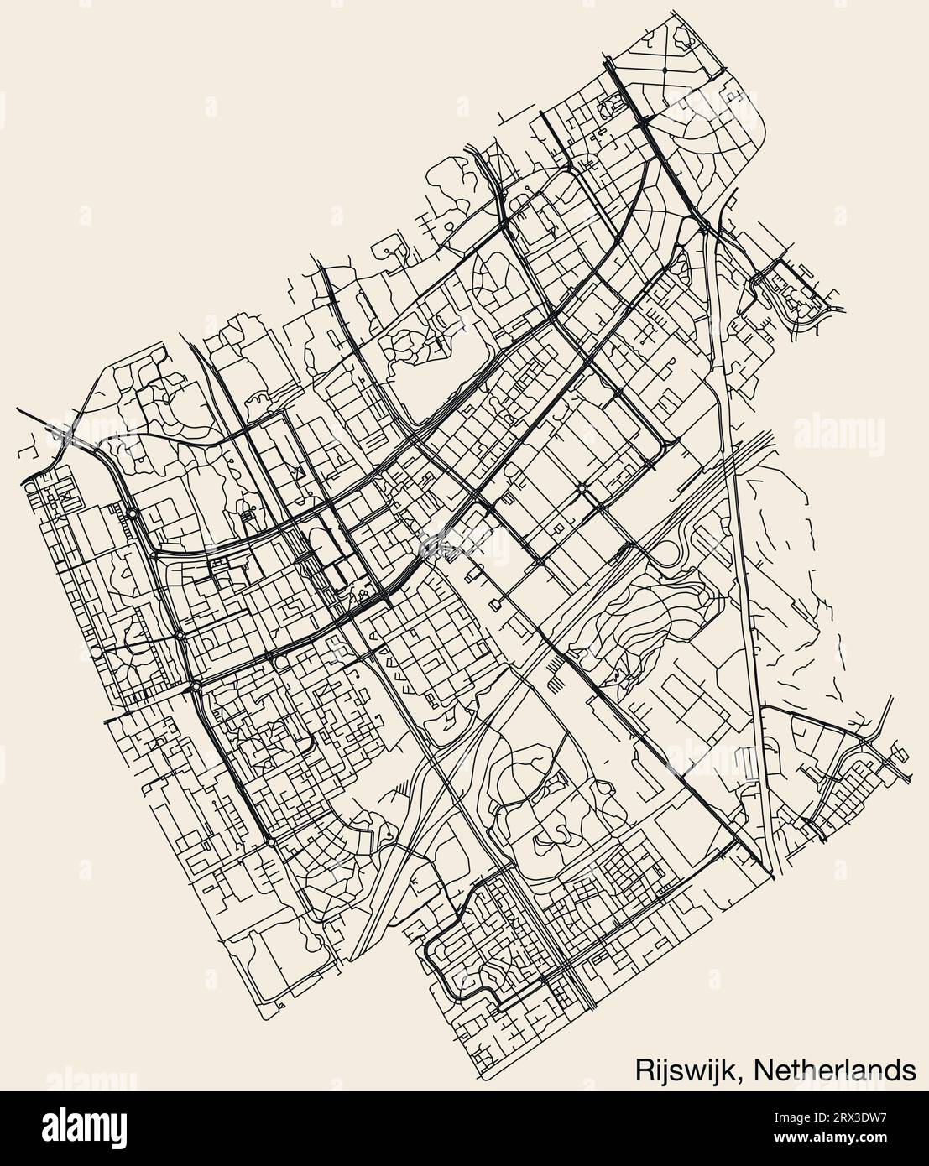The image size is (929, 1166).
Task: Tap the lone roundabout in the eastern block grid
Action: [581, 487]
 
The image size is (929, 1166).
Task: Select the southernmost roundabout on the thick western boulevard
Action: [272, 841]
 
